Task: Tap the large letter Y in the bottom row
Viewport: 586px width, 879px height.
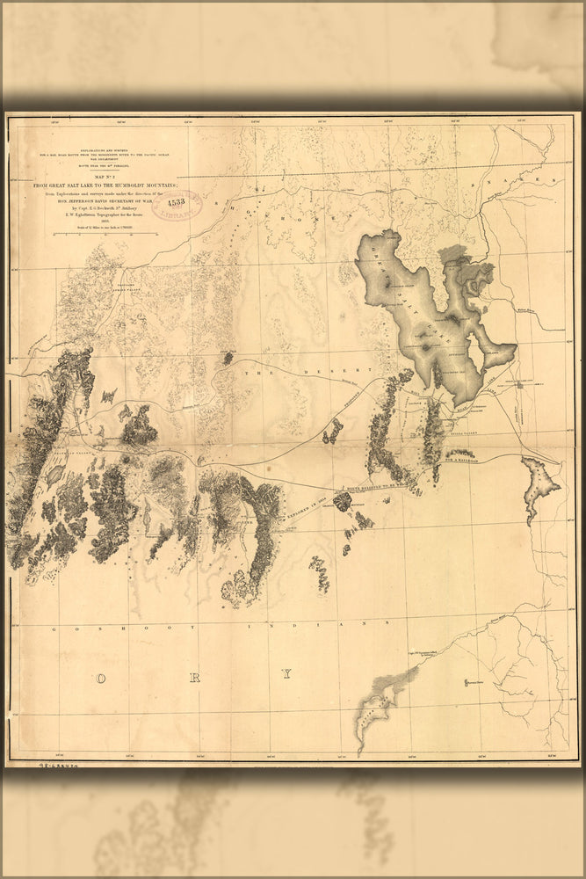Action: (286, 675)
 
